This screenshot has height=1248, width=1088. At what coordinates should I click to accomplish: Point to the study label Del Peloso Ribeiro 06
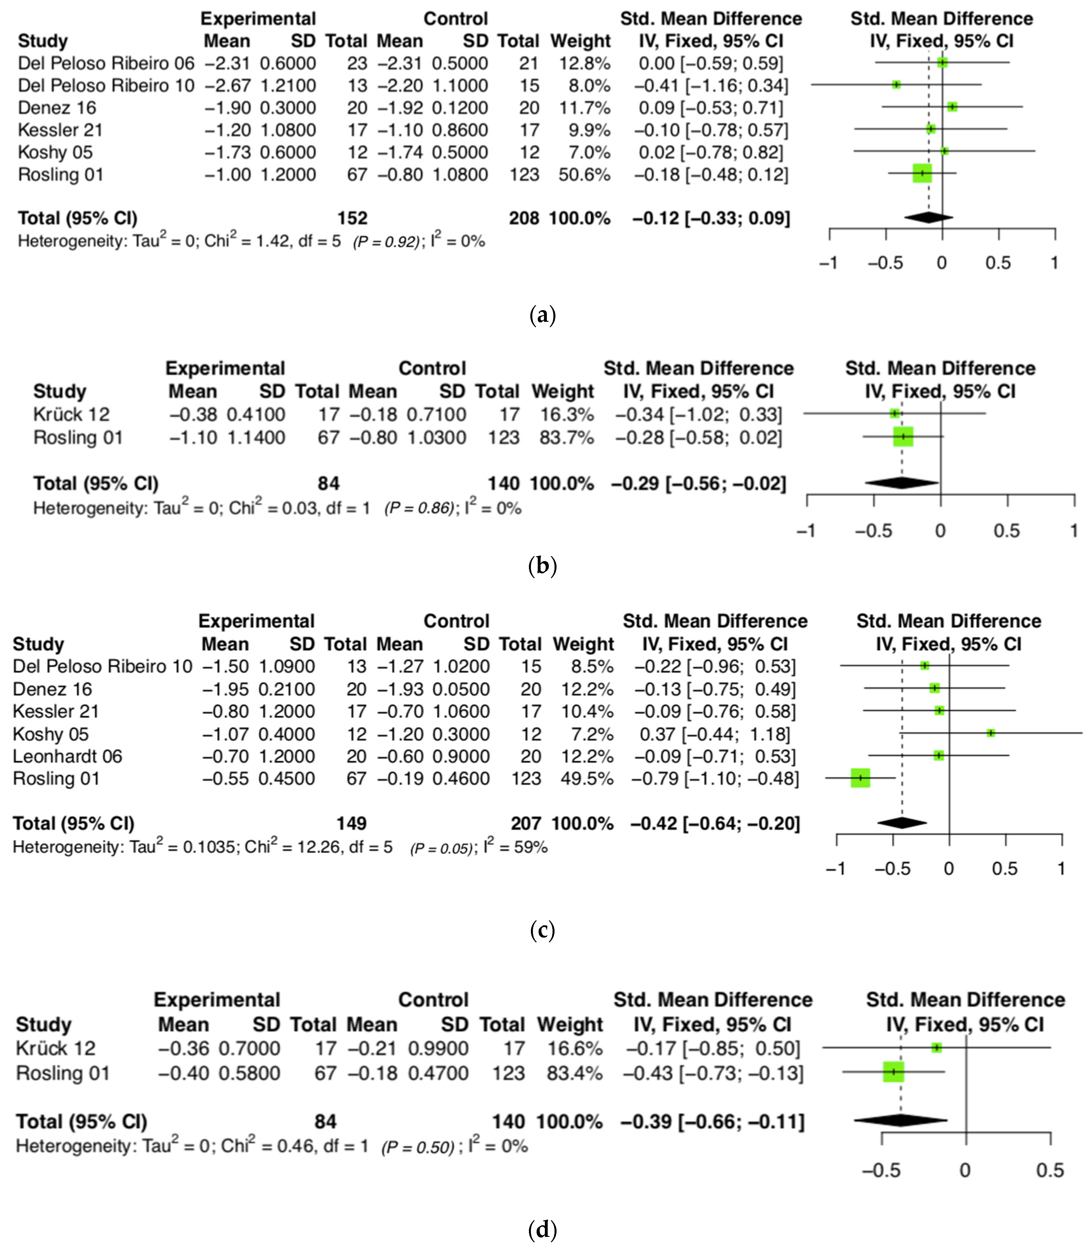click(106, 63)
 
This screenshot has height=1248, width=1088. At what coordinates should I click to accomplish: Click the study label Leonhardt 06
click(67, 756)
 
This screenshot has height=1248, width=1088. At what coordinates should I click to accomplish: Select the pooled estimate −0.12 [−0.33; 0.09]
click(711, 218)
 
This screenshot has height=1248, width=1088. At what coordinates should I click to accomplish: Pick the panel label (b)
click(543, 566)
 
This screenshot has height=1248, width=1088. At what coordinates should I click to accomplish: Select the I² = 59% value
click(516, 847)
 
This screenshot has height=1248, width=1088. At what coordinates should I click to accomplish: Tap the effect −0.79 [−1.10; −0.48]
click(715, 779)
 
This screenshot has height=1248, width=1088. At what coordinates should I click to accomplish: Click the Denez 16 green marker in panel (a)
click(952, 107)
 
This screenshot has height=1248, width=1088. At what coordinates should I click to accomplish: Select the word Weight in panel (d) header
click(570, 1025)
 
